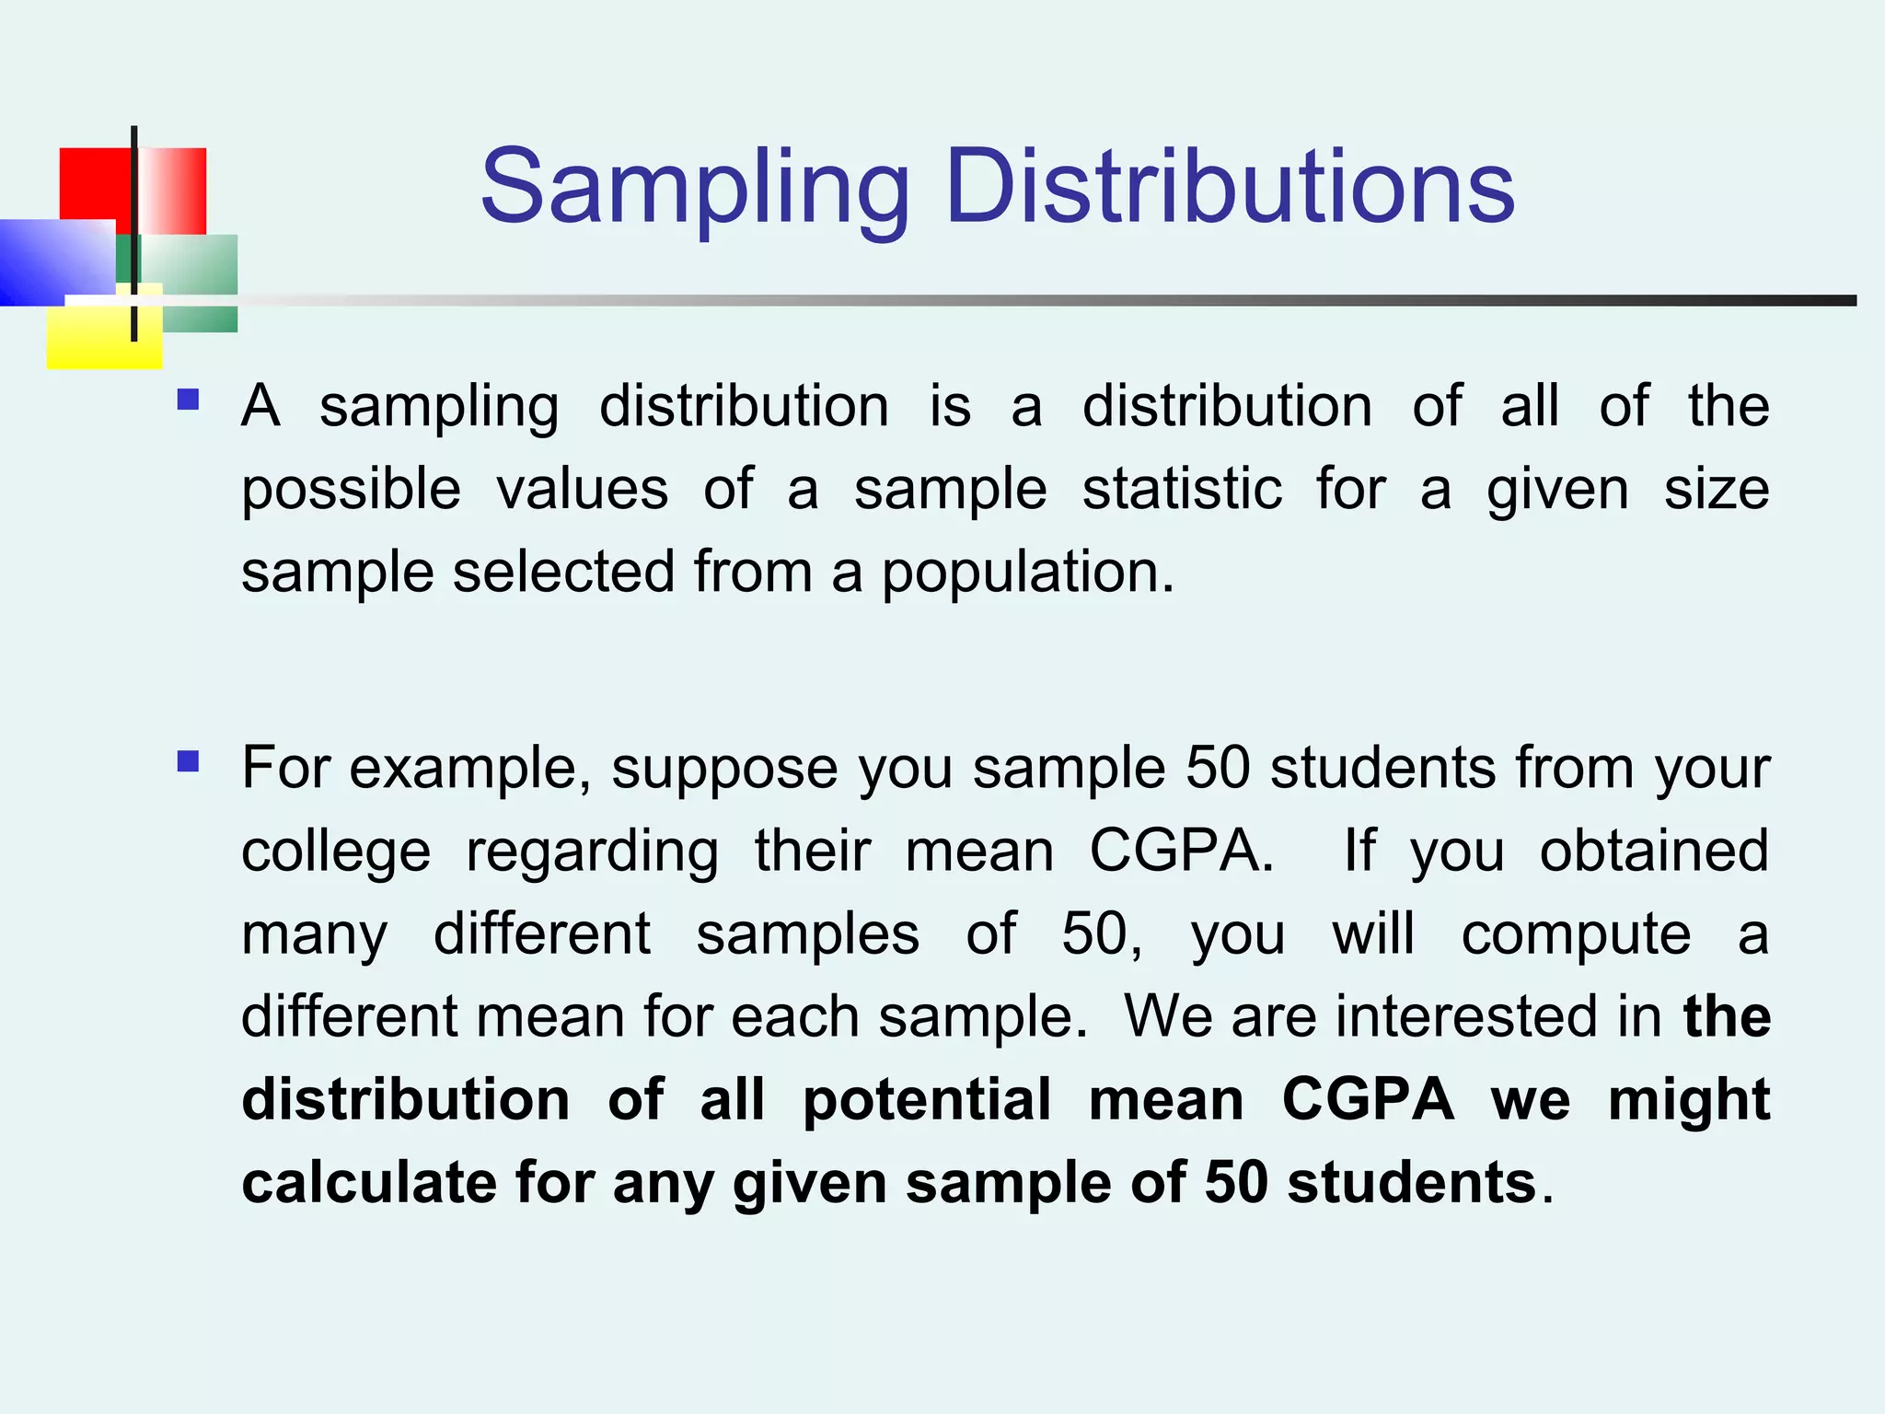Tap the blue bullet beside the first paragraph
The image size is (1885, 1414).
coord(189,400)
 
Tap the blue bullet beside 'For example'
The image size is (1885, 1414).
coord(189,761)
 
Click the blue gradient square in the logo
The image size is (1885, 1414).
coord(55,262)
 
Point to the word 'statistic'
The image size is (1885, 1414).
coord(1182,489)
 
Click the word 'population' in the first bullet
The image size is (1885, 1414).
coord(1028,574)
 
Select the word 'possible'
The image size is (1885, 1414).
coord(351,489)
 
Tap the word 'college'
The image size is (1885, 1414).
coord(336,852)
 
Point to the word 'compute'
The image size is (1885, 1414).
coord(1576,934)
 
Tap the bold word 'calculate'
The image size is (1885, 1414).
coord(369,1182)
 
